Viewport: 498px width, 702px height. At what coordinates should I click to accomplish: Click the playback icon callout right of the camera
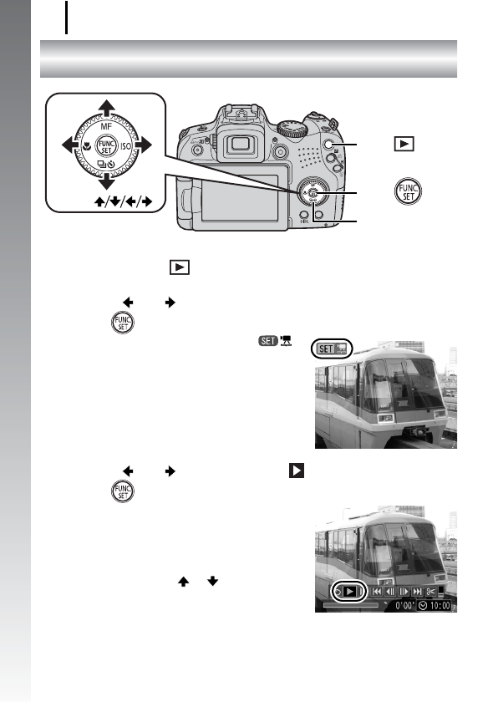click(x=404, y=145)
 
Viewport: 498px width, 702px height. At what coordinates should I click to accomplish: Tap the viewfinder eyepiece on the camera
click(x=244, y=151)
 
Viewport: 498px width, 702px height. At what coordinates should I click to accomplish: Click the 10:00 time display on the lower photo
click(x=440, y=606)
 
